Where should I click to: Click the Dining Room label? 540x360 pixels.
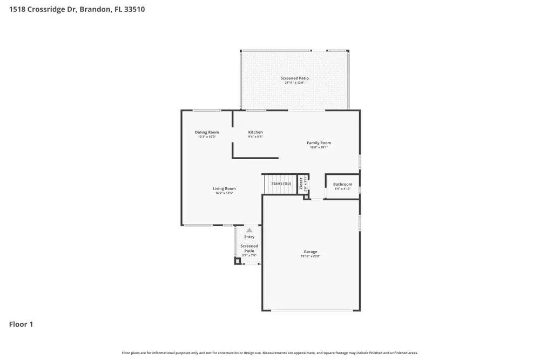207,132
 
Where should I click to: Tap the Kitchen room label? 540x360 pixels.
255,132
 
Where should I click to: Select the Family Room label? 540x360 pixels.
319,143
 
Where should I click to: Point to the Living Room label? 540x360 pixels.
224,188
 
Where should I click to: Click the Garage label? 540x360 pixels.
310,252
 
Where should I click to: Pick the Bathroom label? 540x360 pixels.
342,184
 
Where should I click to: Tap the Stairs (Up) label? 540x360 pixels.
281,184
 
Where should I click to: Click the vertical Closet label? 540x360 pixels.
301,184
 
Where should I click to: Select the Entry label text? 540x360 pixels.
249,237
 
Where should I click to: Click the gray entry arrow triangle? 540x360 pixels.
249,230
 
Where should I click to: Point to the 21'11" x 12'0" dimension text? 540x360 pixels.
294,83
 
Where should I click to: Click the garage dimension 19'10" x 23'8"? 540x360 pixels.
310,256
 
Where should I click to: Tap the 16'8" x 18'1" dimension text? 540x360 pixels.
319,147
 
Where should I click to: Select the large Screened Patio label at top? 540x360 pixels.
294,78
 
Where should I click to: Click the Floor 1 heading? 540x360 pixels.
21,324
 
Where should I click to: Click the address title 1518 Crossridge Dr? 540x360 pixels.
77,9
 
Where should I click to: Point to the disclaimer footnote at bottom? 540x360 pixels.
269,352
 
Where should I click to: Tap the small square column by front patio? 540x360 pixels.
237,261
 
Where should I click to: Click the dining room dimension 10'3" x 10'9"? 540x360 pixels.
207,137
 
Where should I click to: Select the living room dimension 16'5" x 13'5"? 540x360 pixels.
224,193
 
